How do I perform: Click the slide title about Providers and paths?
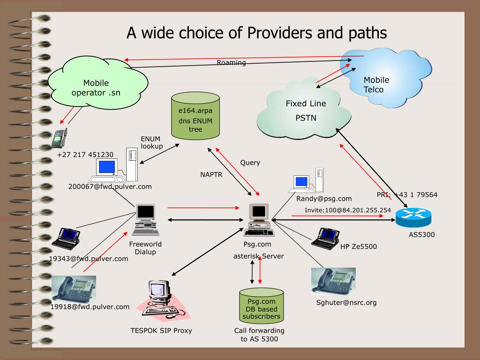pos(257,32)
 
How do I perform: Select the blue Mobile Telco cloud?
pos(384,80)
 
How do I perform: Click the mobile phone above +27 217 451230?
pos(60,138)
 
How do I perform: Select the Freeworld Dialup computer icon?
pos(146,219)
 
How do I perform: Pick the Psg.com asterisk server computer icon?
pos(259,220)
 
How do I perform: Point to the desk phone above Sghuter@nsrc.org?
pos(333,281)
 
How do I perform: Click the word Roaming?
pos(231,62)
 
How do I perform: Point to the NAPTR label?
pos(211,175)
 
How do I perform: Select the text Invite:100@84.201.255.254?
pos(347,210)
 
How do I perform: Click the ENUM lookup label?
pos(152,142)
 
